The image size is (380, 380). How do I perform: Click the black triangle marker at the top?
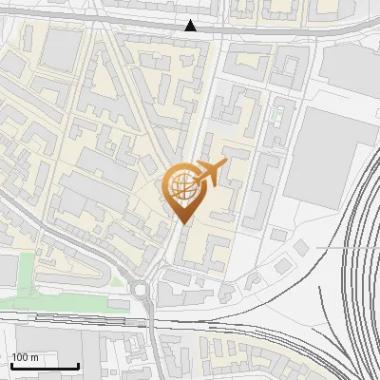[191, 26]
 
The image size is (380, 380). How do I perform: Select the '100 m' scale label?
[25, 357]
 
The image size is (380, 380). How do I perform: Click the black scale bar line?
[45, 366]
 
